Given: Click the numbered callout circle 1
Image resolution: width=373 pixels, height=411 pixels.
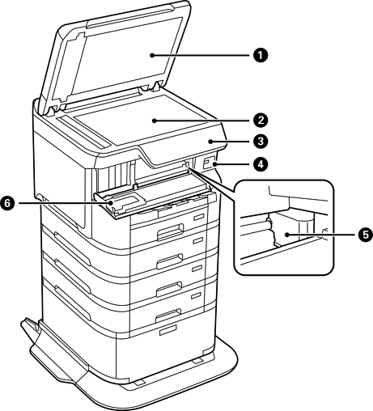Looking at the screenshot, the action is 261,55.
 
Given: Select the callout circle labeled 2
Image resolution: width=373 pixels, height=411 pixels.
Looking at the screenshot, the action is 261,121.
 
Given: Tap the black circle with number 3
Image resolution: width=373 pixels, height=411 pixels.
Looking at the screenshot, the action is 261,141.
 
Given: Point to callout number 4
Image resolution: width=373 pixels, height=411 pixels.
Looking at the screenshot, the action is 261,164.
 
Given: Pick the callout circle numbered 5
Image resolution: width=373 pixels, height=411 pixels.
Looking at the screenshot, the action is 365,235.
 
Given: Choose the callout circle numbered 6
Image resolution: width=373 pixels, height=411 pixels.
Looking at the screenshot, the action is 7,203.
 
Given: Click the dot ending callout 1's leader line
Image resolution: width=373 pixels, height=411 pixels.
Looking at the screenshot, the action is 152,55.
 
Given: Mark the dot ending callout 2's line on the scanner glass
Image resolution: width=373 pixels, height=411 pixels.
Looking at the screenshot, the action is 154,121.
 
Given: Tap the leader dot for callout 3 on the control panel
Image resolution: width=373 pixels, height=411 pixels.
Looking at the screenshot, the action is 210,141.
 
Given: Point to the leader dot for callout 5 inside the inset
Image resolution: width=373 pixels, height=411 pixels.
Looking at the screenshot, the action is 288,235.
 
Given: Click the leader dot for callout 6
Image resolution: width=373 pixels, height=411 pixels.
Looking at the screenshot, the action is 111,203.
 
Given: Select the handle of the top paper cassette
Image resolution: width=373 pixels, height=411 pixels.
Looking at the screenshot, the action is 171,231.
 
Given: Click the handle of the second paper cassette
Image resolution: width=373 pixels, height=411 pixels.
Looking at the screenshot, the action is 170,261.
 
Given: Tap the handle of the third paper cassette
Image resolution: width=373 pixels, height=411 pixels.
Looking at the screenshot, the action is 169,289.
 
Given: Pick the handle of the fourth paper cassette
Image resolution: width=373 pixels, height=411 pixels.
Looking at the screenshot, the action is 168,316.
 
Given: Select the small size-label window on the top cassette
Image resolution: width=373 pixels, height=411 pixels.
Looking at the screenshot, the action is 198,217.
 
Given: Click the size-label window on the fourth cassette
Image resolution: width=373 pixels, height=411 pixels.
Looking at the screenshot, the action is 197,295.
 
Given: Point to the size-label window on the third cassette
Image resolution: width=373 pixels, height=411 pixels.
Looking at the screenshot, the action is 197,269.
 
